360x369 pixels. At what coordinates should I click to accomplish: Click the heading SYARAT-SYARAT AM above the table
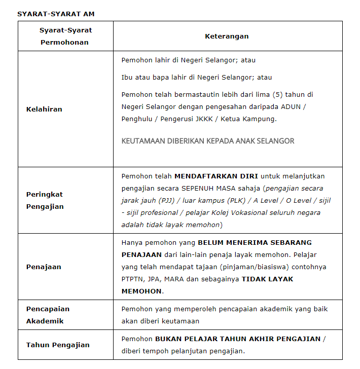pyautogui.click(x=56, y=14)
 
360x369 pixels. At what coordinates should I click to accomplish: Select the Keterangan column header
pyautogui.click(x=227, y=36)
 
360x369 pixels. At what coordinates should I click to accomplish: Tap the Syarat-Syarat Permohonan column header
pyautogui.click(x=65, y=36)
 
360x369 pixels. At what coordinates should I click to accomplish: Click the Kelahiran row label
pyautogui.click(x=44, y=109)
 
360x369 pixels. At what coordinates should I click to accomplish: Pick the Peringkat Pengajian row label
pyautogui.click(x=45, y=200)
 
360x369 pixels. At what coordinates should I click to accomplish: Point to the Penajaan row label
pyautogui.click(x=43, y=267)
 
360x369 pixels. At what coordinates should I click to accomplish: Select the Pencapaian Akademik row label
pyautogui.click(x=48, y=315)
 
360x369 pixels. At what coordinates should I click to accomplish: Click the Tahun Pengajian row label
pyautogui.click(x=58, y=345)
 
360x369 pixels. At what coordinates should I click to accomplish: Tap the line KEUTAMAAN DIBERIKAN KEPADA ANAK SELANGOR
pyautogui.click(x=208, y=141)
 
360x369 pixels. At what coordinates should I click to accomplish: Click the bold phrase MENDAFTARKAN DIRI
pyautogui.click(x=216, y=176)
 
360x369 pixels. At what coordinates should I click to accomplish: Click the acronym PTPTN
pyautogui.click(x=133, y=279)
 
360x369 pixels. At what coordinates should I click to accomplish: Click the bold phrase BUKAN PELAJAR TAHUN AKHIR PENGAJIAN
pyautogui.click(x=238, y=339)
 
